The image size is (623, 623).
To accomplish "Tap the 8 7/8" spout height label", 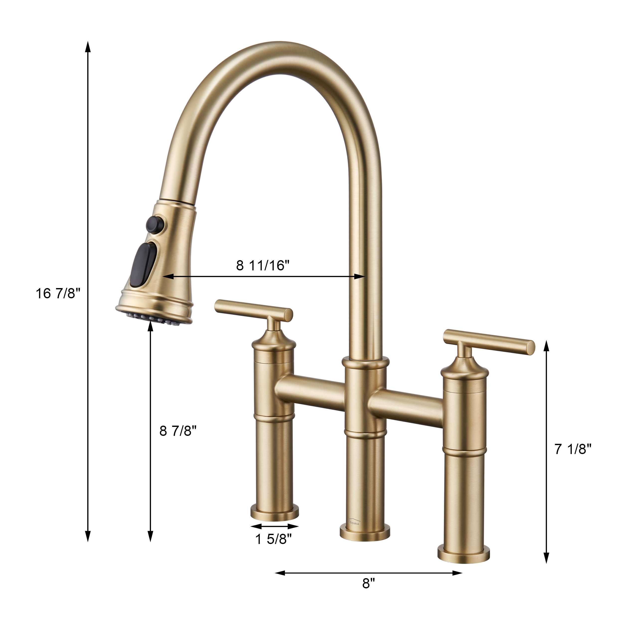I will (178, 431).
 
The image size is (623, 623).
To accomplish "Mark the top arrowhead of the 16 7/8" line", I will (87, 47).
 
